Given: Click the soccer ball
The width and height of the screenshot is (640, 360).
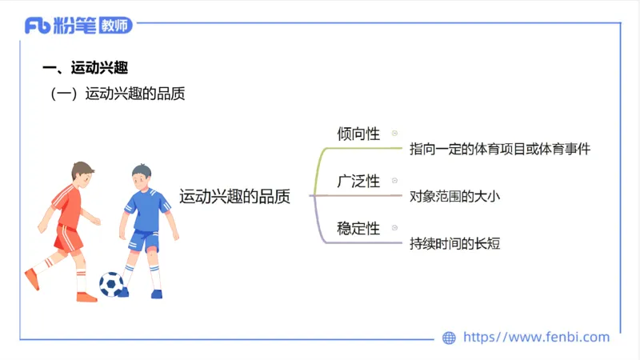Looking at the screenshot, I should pyautogui.click(x=111, y=284).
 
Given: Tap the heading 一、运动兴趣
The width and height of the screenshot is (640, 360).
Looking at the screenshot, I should pyautogui.click(x=84, y=67).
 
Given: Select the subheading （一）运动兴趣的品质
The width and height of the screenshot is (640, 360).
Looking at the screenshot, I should pyautogui.click(x=118, y=94).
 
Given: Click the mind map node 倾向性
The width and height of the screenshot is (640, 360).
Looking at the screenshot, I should pyautogui.click(x=358, y=134).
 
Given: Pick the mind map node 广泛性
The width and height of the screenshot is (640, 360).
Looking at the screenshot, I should pyautogui.click(x=358, y=181).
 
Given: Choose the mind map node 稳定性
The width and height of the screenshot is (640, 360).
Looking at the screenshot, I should pyautogui.click(x=358, y=228).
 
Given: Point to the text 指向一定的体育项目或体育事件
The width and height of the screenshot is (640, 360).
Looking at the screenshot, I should pyautogui.click(x=499, y=149).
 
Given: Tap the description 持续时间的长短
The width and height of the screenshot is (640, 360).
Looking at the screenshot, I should pyautogui.click(x=454, y=243).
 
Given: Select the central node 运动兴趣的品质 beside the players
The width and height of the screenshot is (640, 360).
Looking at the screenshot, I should pyautogui.click(x=234, y=196).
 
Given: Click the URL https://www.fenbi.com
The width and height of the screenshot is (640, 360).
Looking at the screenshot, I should pyautogui.click(x=536, y=338).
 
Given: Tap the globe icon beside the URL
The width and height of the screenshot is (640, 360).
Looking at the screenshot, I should pyautogui.click(x=450, y=338).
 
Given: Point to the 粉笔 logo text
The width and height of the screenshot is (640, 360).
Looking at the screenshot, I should pyautogui.click(x=75, y=26).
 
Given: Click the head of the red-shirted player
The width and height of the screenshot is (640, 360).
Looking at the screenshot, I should pyautogui.click(x=82, y=172).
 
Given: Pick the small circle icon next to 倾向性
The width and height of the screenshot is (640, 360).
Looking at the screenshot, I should pyautogui.click(x=394, y=134).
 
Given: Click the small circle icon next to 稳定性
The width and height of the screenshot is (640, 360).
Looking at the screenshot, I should pyautogui.click(x=394, y=229).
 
